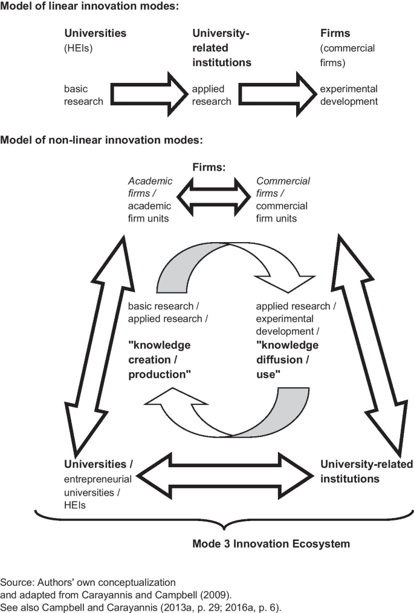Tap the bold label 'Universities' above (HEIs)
click(95, 34)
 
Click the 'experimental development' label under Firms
click(349, 95)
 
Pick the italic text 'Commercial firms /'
click(283, 187)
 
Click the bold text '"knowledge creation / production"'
click(160, 359)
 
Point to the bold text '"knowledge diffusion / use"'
click(286, 359)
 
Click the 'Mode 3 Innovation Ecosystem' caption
click(271, 543)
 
